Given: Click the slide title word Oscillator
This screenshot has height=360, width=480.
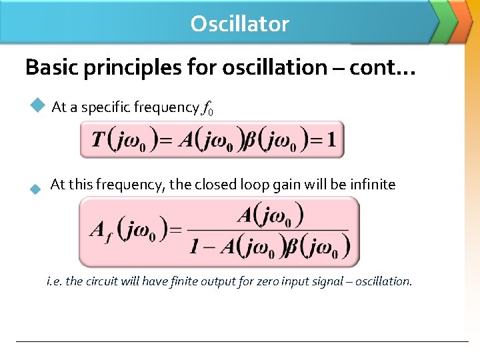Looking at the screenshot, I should coord(239,24).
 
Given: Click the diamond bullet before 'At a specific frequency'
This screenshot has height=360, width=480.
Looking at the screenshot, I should coord(37,105).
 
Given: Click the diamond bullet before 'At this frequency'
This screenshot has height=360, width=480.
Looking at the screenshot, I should coord(36,189).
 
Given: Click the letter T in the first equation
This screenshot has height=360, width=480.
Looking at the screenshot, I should coord(98,140).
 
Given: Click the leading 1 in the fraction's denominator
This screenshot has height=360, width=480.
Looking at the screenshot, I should coord(194,247).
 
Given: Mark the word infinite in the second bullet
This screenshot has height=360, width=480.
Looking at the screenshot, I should coord(372,185).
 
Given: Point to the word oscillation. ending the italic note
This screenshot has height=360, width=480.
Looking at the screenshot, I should coord(384,281).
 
